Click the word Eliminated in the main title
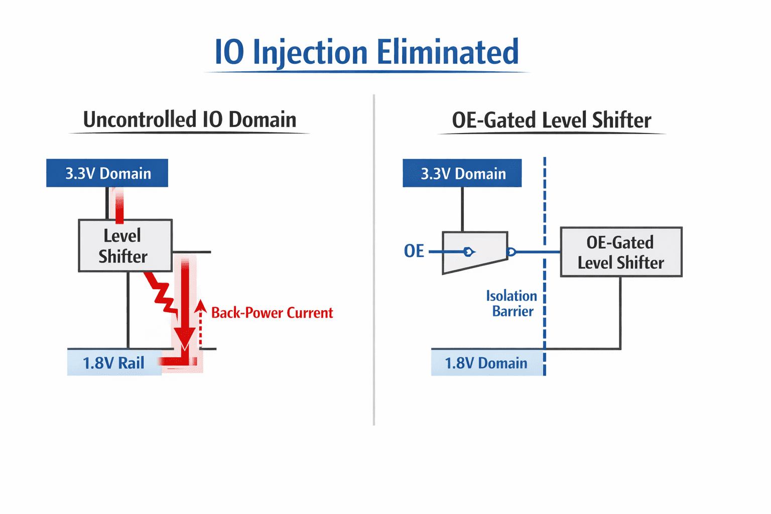[448, 52]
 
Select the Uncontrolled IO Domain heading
[190, 119]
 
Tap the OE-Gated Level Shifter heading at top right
[552, 120]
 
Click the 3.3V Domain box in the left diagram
[107, 173]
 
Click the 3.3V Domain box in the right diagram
[462, 173]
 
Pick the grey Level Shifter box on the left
[125, 245]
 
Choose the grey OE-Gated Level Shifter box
[621, 252]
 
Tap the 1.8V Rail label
[113, 363]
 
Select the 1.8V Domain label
[486, 363]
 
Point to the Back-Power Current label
[272, 313]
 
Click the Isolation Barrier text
[512, 303]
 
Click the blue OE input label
[414, 251]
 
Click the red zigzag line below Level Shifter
[162, 293]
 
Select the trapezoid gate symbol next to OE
[475, 252]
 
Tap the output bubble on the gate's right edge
[511, 252]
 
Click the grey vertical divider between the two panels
[374, 260]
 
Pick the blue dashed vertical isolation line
[545, 266]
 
